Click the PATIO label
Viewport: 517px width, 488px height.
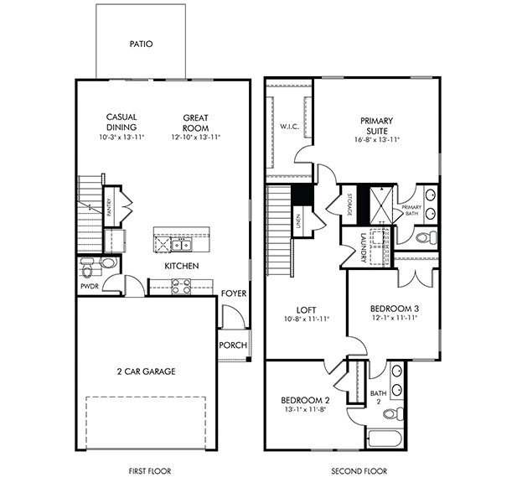(141, 44)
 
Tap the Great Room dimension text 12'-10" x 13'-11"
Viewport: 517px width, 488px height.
(195, 137)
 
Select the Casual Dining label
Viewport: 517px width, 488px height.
(121, 122)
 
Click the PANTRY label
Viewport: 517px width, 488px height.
(109, 207)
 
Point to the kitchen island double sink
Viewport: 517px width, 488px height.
(181, 245)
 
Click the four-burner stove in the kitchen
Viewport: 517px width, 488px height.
(181, 286)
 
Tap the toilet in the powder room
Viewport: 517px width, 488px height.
(87, 268)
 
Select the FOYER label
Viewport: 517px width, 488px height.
(234, 293)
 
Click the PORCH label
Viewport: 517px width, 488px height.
(233, 345)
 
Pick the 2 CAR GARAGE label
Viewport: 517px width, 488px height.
(146, 371)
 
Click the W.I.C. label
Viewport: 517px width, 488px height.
(290, 127)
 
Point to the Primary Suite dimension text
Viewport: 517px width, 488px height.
(377, 139)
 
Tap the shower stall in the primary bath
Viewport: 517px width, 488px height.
(381, 205)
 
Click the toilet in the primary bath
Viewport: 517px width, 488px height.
(426, 237)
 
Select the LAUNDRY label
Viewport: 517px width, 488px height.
(364, 248)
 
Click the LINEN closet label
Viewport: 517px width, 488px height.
(298, 221)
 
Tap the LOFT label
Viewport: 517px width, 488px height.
(307, 310)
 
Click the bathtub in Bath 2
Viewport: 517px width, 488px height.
(385, 439)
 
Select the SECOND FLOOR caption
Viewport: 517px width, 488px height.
(359, 471)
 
